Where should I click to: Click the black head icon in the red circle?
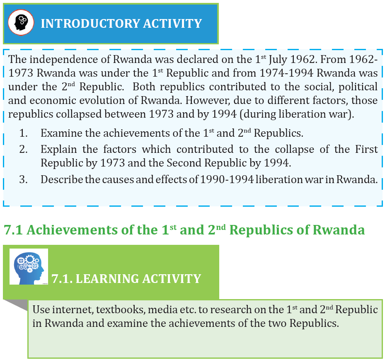tap(21, 22)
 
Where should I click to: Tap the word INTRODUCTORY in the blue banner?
tap(90, 24)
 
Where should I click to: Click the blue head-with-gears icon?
tap(29, 267)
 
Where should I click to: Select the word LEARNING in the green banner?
tap(107, 279)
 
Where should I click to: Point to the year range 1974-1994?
tap(286, 73)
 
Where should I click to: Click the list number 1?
tap(23, 133)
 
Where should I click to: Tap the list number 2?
tap(23, 149)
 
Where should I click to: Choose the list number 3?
tap(23, 179)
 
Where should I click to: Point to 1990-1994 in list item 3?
tap(227, 179)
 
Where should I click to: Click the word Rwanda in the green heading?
tap(339, 230)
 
